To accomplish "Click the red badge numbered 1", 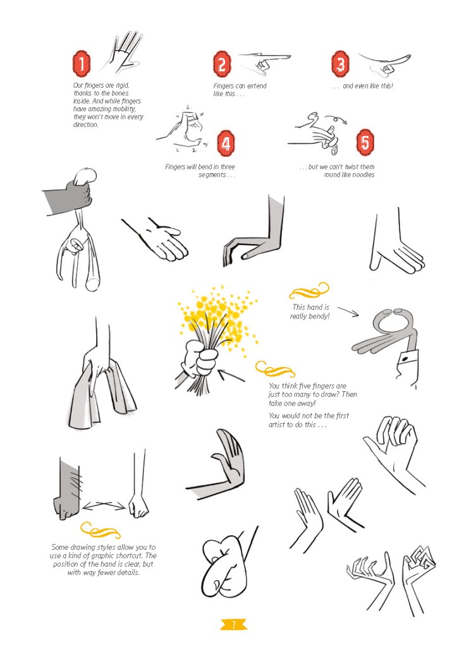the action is pos(82,64).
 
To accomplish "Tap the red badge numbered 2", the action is pos(222,64).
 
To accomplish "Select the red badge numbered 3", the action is pos(340,64).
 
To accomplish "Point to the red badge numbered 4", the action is pos(226,143).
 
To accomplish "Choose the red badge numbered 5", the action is pos(365,142).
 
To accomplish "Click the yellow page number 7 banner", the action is pos(233,624).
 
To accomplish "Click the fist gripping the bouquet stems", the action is pos(200,358).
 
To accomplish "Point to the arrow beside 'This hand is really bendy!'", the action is pos(348,311).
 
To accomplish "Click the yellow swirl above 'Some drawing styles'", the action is pos(100,531).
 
